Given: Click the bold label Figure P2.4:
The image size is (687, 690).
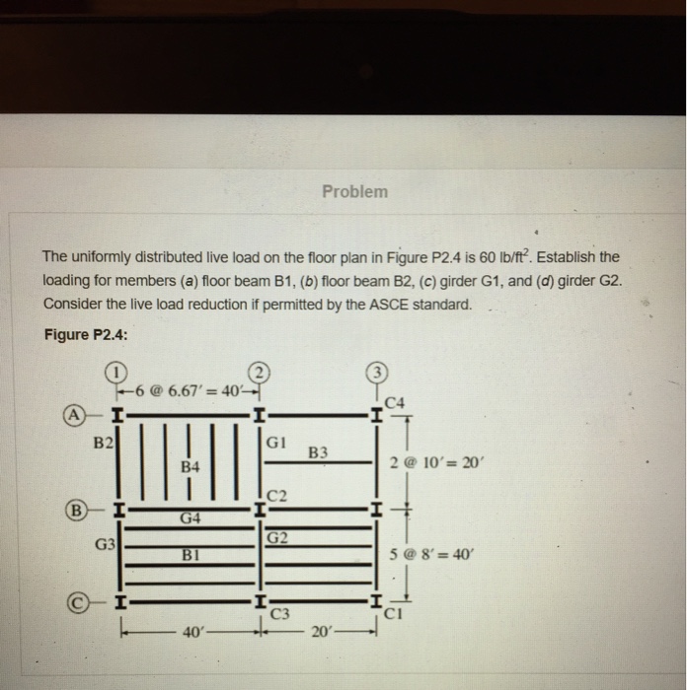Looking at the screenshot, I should [86, 334].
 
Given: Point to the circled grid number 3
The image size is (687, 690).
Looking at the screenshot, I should [377, 375].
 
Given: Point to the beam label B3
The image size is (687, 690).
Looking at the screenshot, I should [318, 453].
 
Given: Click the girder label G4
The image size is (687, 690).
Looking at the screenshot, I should [191, 517].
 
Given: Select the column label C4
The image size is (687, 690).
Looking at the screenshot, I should [396, 400].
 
